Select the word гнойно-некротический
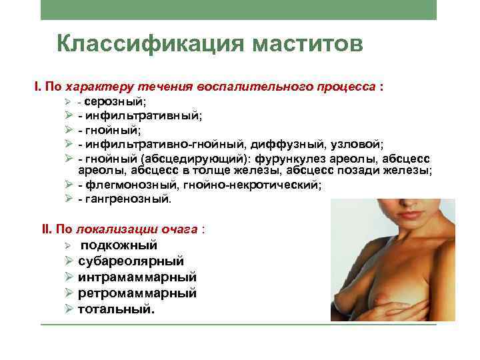261,185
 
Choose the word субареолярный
131,261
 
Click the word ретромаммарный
137,293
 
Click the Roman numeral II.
46,229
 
